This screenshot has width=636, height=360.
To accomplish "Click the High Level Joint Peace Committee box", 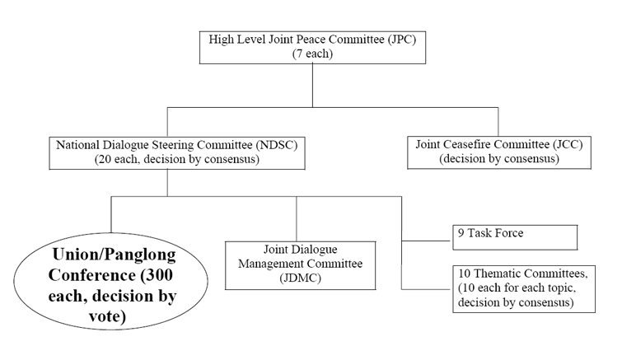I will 311,47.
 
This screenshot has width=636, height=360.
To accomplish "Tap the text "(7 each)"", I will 311,54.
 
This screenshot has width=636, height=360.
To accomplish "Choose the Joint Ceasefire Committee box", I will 499,152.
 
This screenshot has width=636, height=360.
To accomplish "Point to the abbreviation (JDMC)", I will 297,279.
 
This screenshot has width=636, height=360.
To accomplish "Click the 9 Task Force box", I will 515,237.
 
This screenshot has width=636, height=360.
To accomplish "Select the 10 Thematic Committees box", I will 524,288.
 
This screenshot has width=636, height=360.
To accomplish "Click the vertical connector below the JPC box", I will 311,85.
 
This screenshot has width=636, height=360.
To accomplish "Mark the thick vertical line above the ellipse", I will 111,215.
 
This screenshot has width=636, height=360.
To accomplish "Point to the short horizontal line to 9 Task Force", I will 427,240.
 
